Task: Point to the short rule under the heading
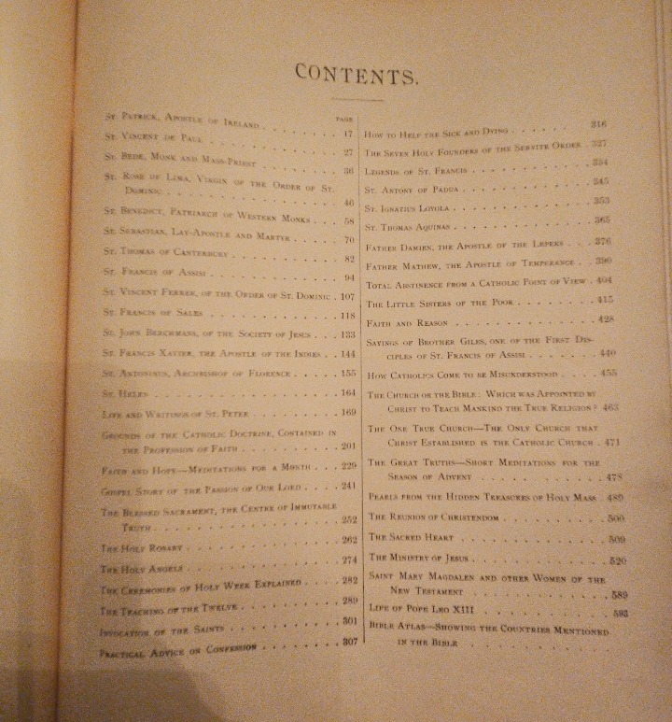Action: point(356,98)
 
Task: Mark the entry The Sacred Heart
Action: point(410,538)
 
